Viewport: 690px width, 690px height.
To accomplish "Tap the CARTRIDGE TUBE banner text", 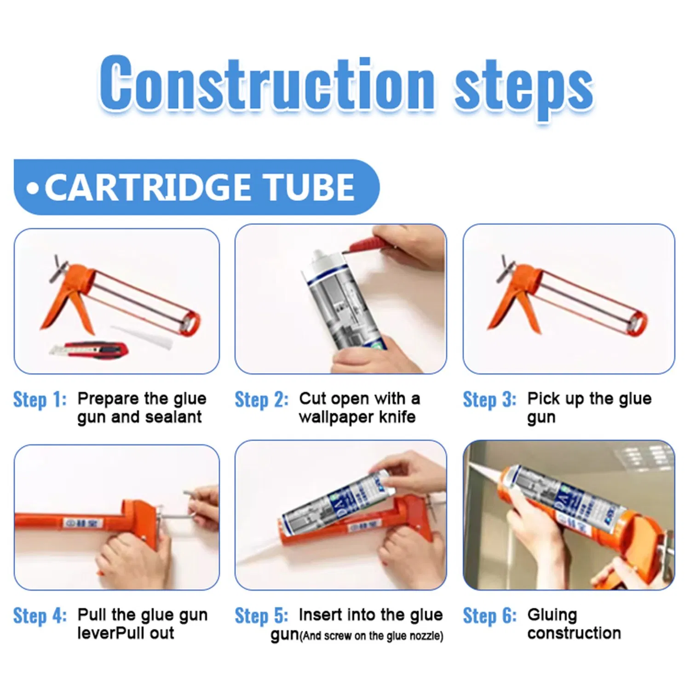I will (x=199, y=187).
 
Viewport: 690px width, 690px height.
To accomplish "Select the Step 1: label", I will (x=40, y=399).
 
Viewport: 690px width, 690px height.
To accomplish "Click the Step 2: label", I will (x=261, y=399).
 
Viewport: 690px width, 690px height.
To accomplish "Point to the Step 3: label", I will (x=489, y=399).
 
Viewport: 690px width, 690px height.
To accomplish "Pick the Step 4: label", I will (x=40, y=615).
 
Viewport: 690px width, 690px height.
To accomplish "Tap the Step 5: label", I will (x=261, y=615).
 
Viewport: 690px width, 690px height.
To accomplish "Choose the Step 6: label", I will (x=489, y=615).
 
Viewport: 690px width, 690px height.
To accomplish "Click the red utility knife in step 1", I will (x=90, y=350).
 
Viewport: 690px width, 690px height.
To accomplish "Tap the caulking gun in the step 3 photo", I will (x=566, y=299).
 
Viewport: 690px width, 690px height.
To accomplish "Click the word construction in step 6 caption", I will (x=574, y=633).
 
